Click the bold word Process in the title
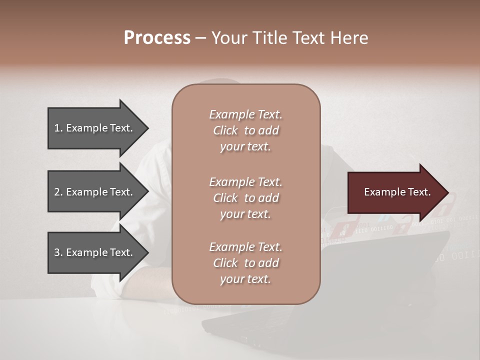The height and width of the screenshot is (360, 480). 157,38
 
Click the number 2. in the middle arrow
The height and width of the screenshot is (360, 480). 58,192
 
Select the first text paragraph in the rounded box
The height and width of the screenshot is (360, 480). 245,130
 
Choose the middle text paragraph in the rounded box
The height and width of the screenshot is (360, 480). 245,198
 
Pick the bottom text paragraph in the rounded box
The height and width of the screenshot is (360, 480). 245,263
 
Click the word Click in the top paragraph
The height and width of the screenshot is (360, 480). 225,130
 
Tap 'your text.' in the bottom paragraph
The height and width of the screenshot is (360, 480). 245,279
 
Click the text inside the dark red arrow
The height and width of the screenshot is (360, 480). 397,192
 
